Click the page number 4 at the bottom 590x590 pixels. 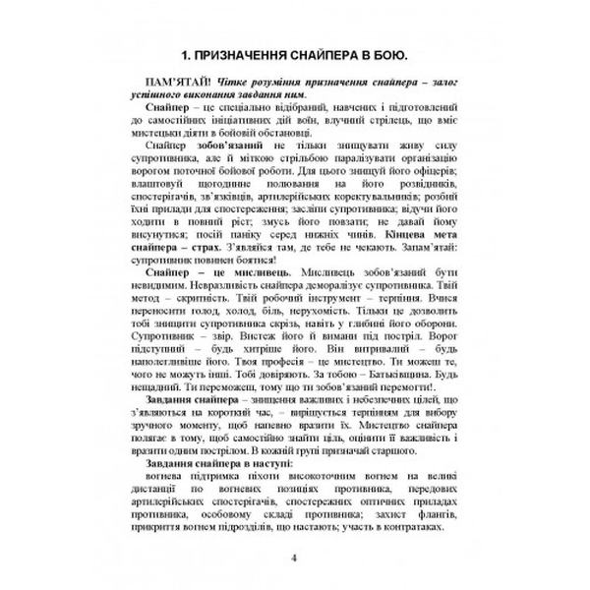[295, 560]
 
